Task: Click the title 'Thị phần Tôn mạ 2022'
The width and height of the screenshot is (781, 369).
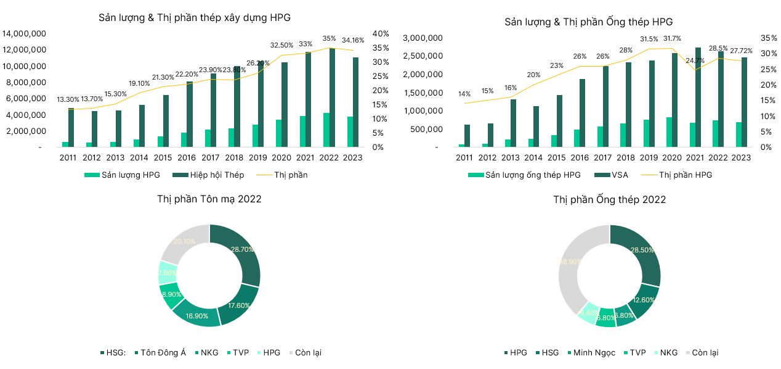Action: pyautogui.click(x=209, y=199)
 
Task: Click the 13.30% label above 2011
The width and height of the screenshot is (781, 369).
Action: pyautogui.click(x=68, y=99)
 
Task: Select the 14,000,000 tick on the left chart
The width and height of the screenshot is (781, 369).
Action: pyautogui.click(x=22, y=33)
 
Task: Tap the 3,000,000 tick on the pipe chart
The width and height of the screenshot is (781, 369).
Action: pyautogui.click(x=423, y=38)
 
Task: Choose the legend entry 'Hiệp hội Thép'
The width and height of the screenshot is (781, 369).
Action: pyautogui.click(x=209, y=175)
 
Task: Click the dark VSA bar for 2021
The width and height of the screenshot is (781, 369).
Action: pyautogui.click(x=698, y=97)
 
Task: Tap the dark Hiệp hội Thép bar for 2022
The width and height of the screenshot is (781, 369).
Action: pyautogui.click(x=332, y=97)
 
